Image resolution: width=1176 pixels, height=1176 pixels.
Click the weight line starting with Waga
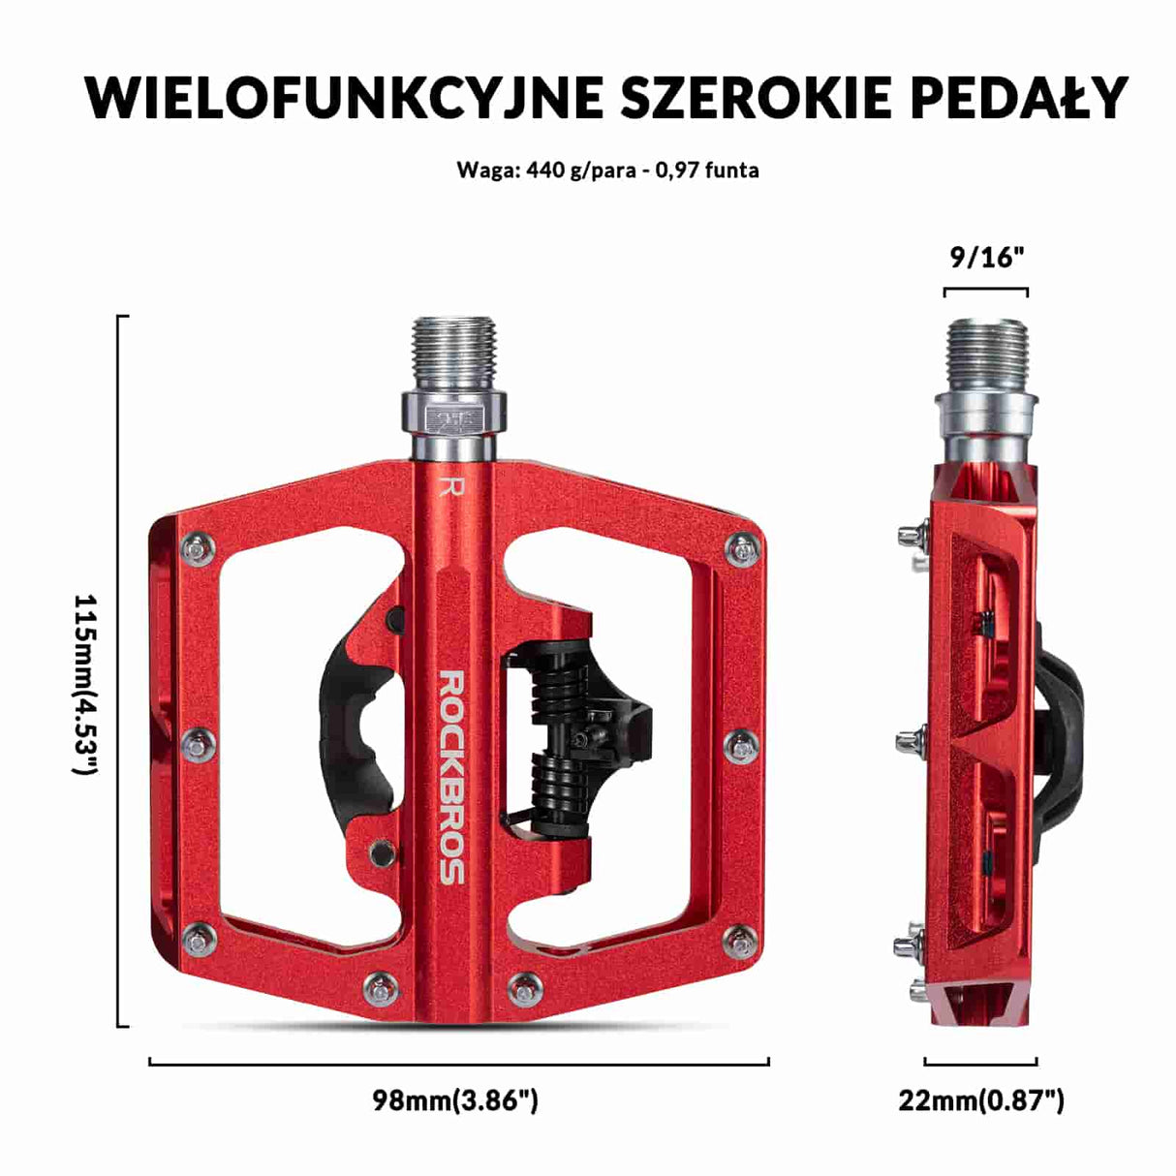607,170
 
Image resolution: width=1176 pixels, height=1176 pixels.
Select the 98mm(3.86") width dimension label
455,1100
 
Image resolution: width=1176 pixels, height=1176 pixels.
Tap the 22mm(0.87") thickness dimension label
980,1100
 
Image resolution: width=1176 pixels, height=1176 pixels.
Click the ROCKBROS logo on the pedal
452,776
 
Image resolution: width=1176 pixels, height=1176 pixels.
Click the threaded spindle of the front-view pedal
453,353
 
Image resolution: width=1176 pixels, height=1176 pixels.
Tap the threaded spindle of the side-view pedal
986,353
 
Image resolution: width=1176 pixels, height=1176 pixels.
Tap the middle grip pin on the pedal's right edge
741,746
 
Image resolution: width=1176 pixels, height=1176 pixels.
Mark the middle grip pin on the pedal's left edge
201,746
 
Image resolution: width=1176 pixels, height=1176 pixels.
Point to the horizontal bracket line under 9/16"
986,289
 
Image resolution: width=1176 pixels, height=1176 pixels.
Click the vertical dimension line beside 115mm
119,670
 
